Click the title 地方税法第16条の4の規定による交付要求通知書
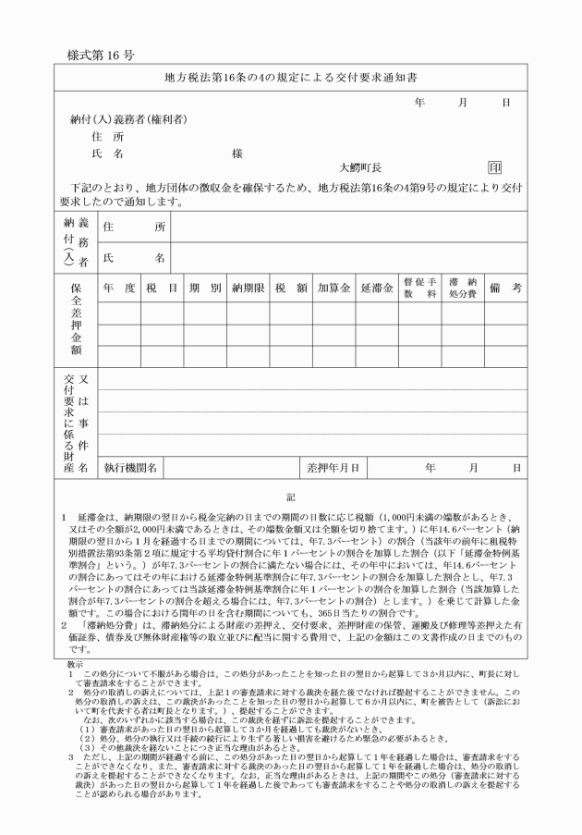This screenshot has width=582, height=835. pos(290,78)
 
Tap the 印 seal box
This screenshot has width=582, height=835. pos(495,167)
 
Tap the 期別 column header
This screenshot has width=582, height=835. pos(204,288)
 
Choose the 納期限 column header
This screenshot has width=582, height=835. pos(249,288)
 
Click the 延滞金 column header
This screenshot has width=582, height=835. pos(377,288)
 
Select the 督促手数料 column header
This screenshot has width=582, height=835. pos(418,288)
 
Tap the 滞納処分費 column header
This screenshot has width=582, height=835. pos(462,288)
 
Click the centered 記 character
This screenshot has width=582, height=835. pos(290,497)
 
